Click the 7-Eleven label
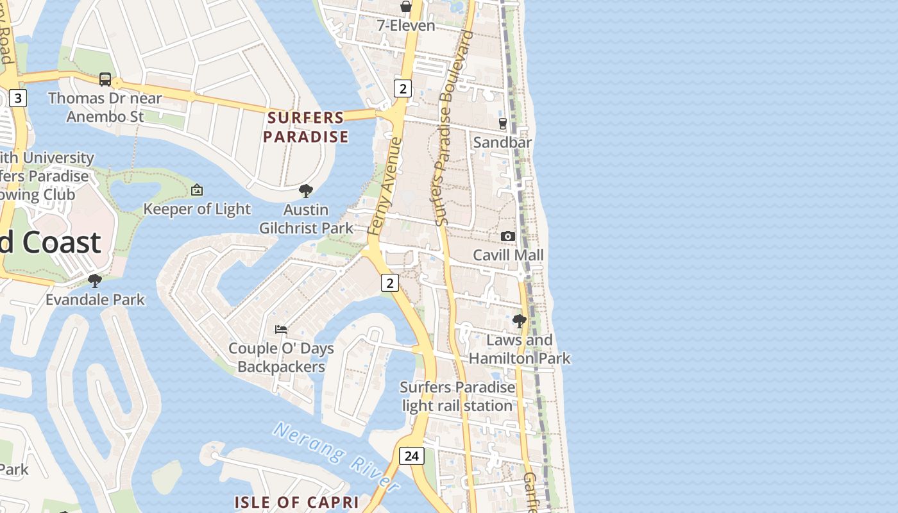[x=406, y=26]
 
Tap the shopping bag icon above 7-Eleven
[x=406, y=7]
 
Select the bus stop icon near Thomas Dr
[x=105, y=80]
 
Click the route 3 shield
[x=18, y=98]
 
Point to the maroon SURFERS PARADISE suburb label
[x=306, y=127]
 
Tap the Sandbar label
[x=502, y=142]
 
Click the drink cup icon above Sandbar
[x=502, y=123]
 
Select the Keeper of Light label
[x=197, y=209]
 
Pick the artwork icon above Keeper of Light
[x=197, y=190]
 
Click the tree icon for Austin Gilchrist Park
[x=306, y=190]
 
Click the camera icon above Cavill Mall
[x=508, y=237]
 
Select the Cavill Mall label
[x=508, y=255]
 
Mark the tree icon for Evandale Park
[x=95, y=281]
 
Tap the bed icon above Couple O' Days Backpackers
[x=281, y=330]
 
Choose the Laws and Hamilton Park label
[x=520, y=349]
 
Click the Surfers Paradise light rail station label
[x=457, y=396]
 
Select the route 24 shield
[x=412, y=456]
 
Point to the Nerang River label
[x=337, y=455]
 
